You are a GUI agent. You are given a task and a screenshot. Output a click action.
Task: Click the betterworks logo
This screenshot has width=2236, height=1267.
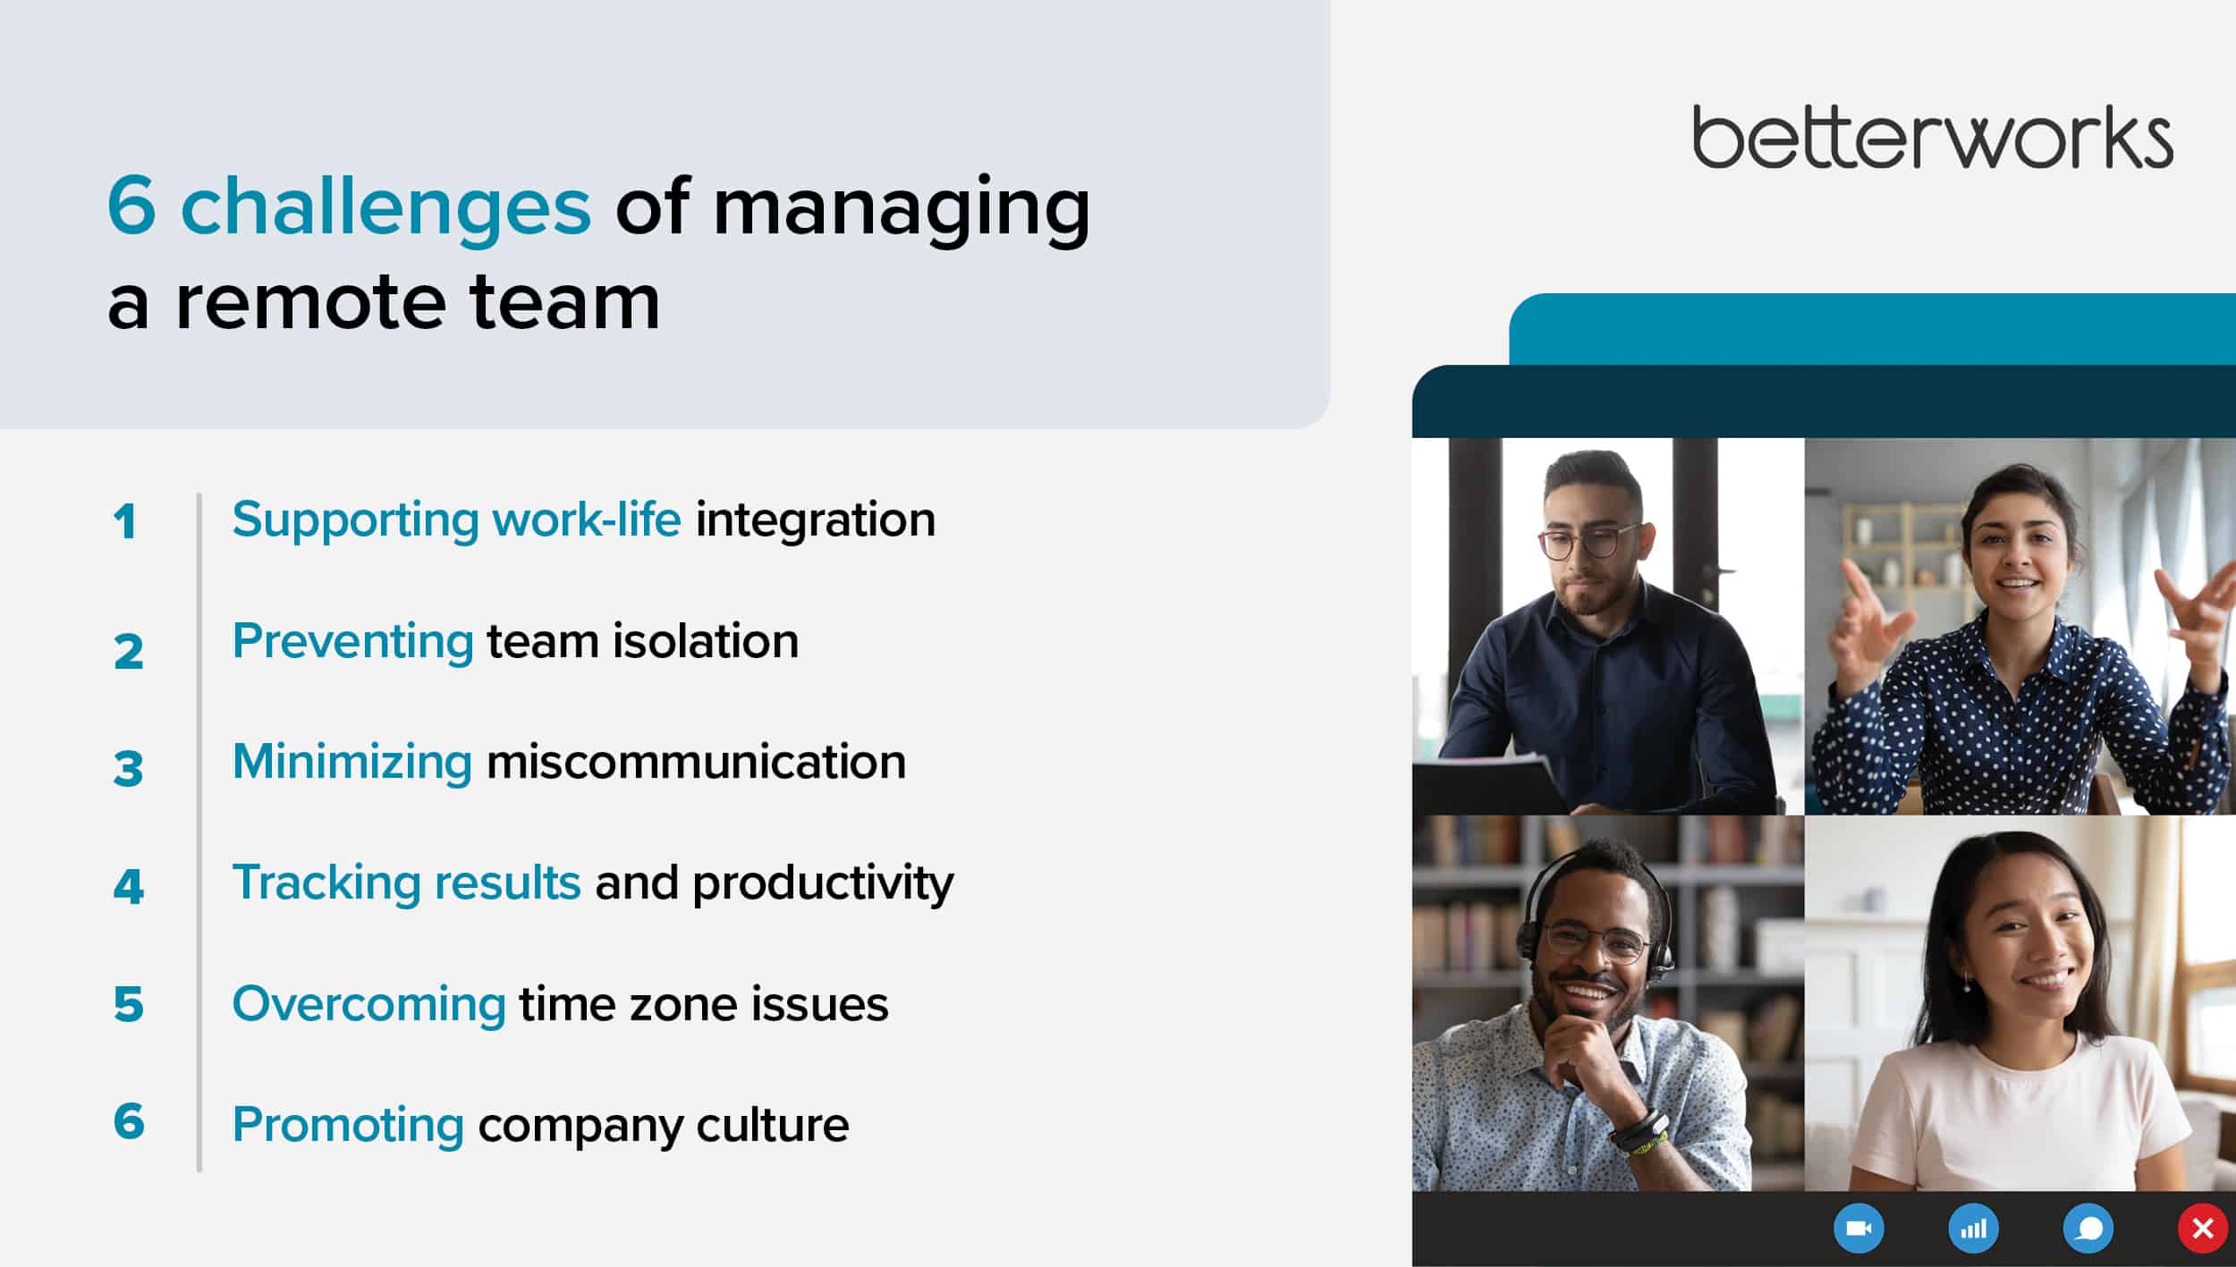[x=1933, y=136]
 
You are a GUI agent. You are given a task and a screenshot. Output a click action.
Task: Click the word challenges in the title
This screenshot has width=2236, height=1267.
[x=385, y=208]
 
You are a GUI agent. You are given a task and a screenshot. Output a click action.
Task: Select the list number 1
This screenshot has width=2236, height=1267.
[x=125, y=521]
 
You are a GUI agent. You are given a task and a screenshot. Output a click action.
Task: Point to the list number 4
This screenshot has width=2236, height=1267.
[x=129, y=887]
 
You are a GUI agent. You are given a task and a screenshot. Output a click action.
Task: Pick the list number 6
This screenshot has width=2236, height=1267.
[x=129, y=1121]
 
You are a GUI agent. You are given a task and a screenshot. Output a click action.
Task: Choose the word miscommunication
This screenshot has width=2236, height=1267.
[x=696, y=762]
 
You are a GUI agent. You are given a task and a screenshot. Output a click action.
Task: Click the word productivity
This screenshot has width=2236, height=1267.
[x=823, y=885]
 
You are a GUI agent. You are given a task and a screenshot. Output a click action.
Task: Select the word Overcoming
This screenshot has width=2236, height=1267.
[x=369, y=1005]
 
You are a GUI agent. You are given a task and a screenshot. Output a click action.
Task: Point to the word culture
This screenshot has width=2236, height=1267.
[x=773, y=1125]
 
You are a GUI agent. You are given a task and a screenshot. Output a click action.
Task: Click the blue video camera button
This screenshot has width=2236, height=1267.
[x=1859, y=1229]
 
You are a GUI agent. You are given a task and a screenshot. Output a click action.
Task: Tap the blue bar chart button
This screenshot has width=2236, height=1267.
[x=1973, y=1229]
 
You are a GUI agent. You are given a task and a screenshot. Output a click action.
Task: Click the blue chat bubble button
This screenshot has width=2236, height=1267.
[x=2088, y=1229]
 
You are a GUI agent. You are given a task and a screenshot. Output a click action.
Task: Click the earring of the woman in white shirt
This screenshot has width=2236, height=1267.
[x=1967, y=985]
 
